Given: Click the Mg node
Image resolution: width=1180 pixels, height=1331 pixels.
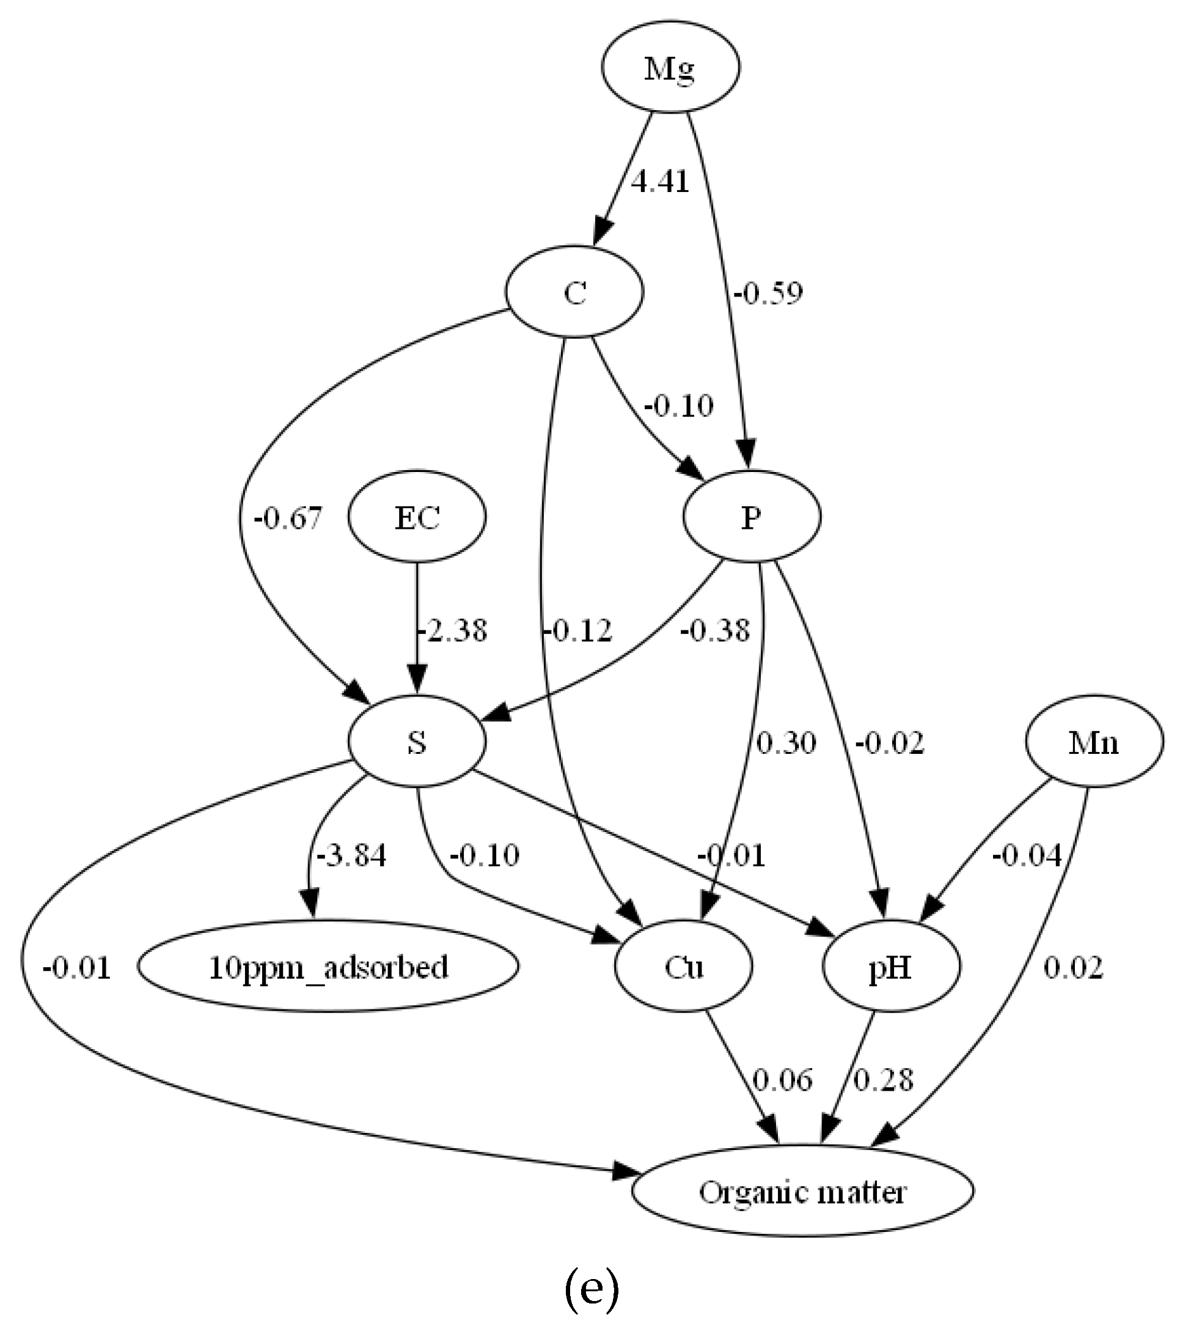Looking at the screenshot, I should (670, 68).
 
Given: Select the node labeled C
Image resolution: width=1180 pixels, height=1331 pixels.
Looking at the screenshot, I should (574, 292).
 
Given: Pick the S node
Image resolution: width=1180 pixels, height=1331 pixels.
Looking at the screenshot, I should (417, 741).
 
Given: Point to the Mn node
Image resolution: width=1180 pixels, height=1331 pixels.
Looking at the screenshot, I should (1093, 741).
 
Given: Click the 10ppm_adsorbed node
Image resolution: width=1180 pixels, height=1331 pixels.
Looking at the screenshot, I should (328, 967).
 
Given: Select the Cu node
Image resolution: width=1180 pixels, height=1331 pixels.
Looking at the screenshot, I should (683, 967).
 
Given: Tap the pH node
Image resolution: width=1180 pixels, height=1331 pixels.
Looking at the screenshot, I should (890, 967).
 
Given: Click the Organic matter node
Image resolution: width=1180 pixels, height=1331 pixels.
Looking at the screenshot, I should (802, 1191).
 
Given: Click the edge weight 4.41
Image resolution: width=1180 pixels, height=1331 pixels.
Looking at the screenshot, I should (660, 182).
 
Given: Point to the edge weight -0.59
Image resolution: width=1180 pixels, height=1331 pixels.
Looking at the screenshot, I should (768, 293).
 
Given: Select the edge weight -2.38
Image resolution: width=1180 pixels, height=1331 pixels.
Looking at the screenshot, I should (452, 630).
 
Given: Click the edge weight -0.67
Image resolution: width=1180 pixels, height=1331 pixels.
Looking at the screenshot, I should (288, 518).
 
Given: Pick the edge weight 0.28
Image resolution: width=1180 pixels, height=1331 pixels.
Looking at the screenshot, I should (883, 1080).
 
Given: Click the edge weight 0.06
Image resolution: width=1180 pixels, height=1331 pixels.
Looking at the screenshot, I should (782, 1080).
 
